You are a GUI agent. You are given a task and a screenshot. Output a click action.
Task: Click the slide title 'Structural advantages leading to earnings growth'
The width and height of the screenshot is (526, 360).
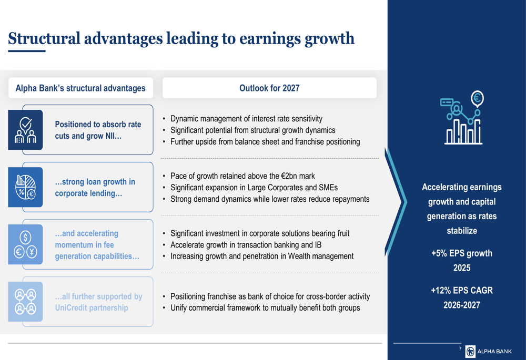[181, 38]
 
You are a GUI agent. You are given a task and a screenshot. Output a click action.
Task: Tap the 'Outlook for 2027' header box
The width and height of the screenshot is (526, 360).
[269, 88]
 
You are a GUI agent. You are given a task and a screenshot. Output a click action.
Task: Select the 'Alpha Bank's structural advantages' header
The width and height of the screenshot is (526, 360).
[80, 88]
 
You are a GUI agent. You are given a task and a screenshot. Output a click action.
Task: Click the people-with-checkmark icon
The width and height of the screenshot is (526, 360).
[25, 130]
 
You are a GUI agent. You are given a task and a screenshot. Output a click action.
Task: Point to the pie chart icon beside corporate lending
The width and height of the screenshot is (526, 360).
[25, 187]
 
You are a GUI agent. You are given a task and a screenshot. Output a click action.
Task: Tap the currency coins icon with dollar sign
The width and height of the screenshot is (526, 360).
[25, 244]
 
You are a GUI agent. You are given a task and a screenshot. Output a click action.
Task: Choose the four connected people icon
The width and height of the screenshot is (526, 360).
[25, 302]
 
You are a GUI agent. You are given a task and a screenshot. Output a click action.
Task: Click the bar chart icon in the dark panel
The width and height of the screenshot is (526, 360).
[462, 118]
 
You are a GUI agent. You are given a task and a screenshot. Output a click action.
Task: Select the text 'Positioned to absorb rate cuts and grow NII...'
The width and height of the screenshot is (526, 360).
[98, 130]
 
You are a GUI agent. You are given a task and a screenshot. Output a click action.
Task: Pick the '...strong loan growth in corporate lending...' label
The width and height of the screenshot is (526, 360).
[95, 188]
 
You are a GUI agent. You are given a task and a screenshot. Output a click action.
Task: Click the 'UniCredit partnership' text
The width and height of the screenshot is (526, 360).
[92, 308]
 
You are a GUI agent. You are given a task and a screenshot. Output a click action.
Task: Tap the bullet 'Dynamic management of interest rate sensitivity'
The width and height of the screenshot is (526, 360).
[246, 119]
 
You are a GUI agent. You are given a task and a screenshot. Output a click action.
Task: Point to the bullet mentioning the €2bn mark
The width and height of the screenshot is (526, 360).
[242, 176]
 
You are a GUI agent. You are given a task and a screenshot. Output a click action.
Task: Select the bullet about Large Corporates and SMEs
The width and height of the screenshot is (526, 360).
[254, 188]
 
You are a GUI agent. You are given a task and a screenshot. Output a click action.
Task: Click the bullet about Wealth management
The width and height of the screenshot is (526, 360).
[262, 256]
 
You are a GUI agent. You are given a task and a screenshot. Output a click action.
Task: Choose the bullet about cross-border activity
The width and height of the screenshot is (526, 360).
[270, 296]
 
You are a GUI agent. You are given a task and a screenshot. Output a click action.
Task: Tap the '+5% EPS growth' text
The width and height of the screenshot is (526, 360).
[462, 253]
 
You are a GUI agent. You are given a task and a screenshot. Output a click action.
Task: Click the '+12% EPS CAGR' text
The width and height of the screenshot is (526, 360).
[462, 290]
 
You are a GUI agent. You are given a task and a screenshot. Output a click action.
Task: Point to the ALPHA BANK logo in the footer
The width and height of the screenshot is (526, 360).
[489, 351]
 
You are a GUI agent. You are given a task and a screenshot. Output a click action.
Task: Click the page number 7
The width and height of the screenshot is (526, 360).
[460, 348]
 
